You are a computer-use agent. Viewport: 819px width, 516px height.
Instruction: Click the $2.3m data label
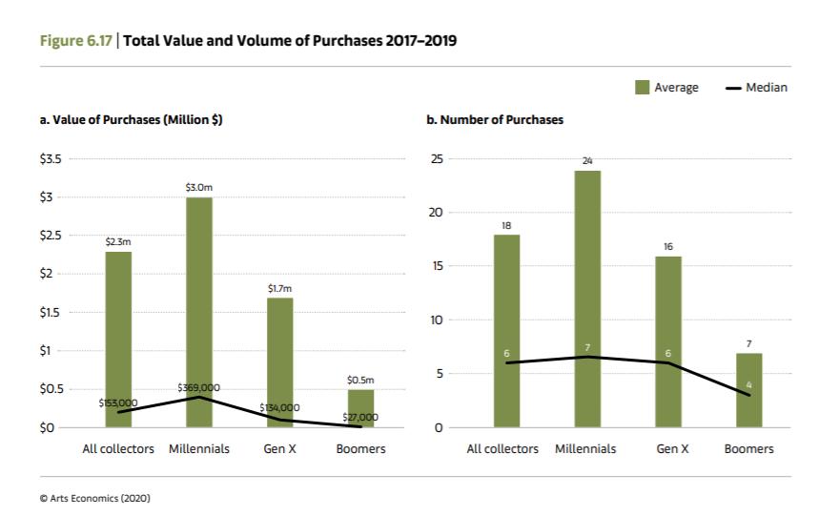[118, 243]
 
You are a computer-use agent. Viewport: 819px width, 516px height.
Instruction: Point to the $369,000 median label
[198, 387]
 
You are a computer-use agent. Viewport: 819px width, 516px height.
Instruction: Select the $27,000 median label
[359, 417]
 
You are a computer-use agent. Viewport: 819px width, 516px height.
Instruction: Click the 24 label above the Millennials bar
[587, 162]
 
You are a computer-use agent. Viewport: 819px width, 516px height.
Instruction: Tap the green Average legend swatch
[643, 88]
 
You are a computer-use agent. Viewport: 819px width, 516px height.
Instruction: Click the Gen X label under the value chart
[279, 448]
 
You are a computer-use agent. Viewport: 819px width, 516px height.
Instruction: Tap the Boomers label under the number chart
[748, 448]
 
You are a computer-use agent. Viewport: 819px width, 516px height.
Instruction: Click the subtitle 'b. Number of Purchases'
[494, 120]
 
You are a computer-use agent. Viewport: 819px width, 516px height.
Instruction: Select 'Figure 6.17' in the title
[76, 40]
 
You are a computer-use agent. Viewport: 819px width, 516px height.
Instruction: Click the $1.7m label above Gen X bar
[279, 288]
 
